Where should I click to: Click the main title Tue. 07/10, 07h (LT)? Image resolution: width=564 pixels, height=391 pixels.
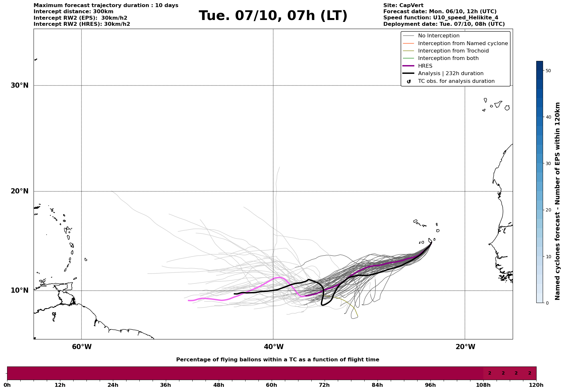pos(273,16)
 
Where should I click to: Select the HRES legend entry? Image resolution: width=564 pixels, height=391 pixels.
pos(425,66)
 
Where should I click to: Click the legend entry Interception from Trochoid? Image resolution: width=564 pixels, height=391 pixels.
pos(453,51)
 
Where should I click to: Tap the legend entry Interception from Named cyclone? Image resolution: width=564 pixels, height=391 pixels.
pos(463,44)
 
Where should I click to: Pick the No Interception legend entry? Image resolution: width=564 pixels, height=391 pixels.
pos(438,36)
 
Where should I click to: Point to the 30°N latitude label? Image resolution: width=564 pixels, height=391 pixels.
pos(20,85)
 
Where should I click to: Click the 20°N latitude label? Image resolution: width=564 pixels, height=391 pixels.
pos(20,191)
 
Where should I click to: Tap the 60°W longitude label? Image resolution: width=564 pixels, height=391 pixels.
pos(82,347)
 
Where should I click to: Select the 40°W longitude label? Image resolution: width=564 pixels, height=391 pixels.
pos(274,347)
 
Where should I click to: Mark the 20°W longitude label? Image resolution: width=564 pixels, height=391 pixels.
pos(465,347)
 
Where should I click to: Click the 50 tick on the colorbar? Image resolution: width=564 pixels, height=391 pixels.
pos(548,71)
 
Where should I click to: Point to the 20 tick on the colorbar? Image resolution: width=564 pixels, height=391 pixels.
pos(548,210)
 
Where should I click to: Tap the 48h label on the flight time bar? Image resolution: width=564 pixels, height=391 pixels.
pos(218,385)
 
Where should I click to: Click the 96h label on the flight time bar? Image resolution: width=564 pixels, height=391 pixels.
pos(430,385)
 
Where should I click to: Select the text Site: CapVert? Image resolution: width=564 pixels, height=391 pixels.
pos(403,5)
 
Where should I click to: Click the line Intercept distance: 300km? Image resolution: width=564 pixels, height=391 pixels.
pos(73,12)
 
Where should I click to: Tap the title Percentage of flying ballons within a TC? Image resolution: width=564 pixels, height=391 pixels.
pos(277,360)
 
